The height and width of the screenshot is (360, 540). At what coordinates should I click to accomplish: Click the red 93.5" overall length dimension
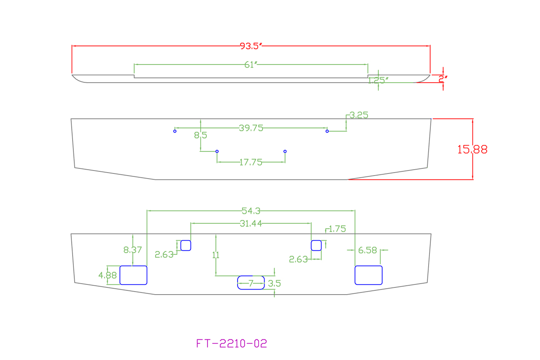251,46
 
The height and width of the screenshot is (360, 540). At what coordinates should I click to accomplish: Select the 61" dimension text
251,65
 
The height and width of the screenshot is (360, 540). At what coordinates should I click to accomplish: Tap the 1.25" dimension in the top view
378,80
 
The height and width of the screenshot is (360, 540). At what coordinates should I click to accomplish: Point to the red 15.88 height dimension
472,149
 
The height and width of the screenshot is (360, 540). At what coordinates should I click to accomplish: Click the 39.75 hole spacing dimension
251,128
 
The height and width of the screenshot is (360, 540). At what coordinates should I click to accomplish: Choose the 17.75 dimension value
251,162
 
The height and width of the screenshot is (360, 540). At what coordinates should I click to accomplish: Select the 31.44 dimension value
251,224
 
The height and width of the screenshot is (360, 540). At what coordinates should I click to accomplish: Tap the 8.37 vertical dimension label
132,250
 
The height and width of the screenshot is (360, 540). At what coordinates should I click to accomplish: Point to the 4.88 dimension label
107,275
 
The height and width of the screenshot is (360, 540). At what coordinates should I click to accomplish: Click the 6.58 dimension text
367,250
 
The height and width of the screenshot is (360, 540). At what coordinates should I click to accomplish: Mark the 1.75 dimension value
337,229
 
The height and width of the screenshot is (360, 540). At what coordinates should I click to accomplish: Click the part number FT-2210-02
232,344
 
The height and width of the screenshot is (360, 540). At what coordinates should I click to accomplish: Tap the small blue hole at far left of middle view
175,131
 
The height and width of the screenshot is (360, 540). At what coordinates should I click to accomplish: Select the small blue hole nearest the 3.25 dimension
327,131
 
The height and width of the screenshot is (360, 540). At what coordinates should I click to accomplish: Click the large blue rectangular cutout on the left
133,275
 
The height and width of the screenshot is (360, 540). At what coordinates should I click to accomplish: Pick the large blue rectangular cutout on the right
368,275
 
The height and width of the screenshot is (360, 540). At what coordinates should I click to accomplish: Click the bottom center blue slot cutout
251,282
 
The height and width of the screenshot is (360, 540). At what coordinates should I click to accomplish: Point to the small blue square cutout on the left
186,245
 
